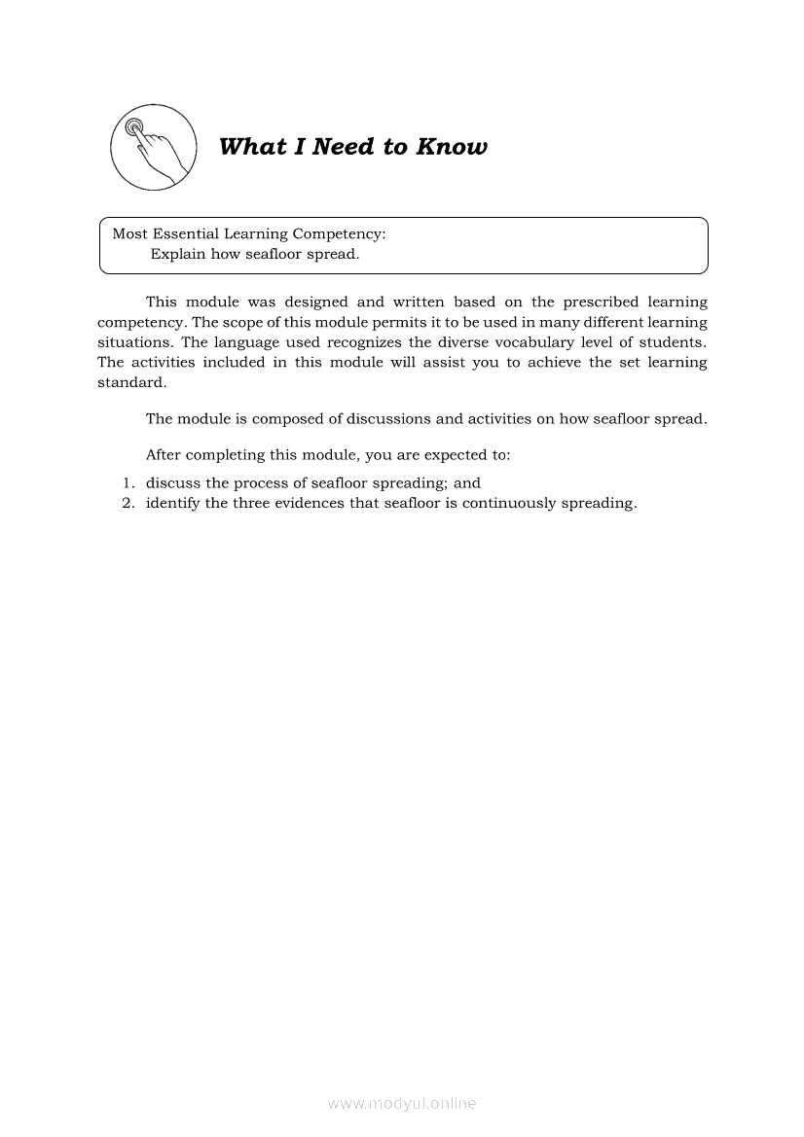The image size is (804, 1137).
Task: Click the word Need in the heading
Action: tap(346, 147)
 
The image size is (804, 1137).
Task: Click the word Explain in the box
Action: tap(178, 254)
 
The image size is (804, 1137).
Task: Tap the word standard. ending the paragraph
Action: tap(132, 382)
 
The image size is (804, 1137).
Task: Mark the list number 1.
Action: tap(128, 482)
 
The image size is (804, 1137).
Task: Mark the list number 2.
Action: tap(128, 503)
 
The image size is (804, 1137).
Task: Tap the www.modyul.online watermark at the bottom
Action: tap(402, 1103)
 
